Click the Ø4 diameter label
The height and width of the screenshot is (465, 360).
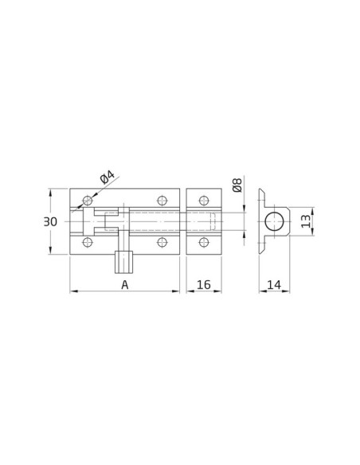click(108, 178)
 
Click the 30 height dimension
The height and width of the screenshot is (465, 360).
click(50, 221)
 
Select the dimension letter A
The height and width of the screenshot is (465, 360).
click(125, 285)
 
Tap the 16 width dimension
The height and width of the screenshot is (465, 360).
click(204, 285)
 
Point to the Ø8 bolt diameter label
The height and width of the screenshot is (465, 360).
click(237, 186)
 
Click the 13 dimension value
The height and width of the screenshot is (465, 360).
click(306, 221)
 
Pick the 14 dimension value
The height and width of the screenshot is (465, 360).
click(274, 285)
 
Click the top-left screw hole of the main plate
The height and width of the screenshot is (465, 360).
click(88, 201)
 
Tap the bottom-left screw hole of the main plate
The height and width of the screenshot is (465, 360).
click(88, 242)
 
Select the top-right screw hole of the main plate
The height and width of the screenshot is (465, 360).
click(162, 201)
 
